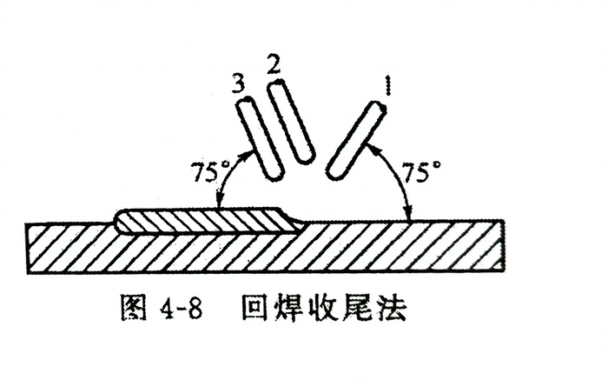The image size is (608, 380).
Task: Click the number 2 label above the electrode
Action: (275, 65)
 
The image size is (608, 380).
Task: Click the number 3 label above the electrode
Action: (241, 83)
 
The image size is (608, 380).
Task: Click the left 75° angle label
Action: (206, 170)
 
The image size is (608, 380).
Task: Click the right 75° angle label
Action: (420, 170)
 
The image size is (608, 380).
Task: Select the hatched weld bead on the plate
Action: (208, 222)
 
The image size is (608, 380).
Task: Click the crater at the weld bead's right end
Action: (295, 221)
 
